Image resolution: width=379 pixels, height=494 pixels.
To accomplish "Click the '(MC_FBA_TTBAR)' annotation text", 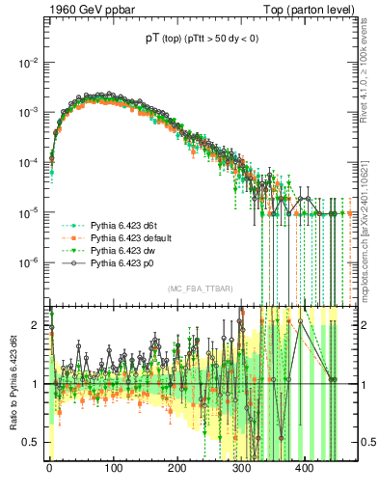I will coord(193,289).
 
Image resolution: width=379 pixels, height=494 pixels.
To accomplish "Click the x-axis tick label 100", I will coord(113,470).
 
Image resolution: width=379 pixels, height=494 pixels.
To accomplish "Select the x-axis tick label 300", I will coord(241,470).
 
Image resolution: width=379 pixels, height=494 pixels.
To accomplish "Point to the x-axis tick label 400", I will coord(305,470).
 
